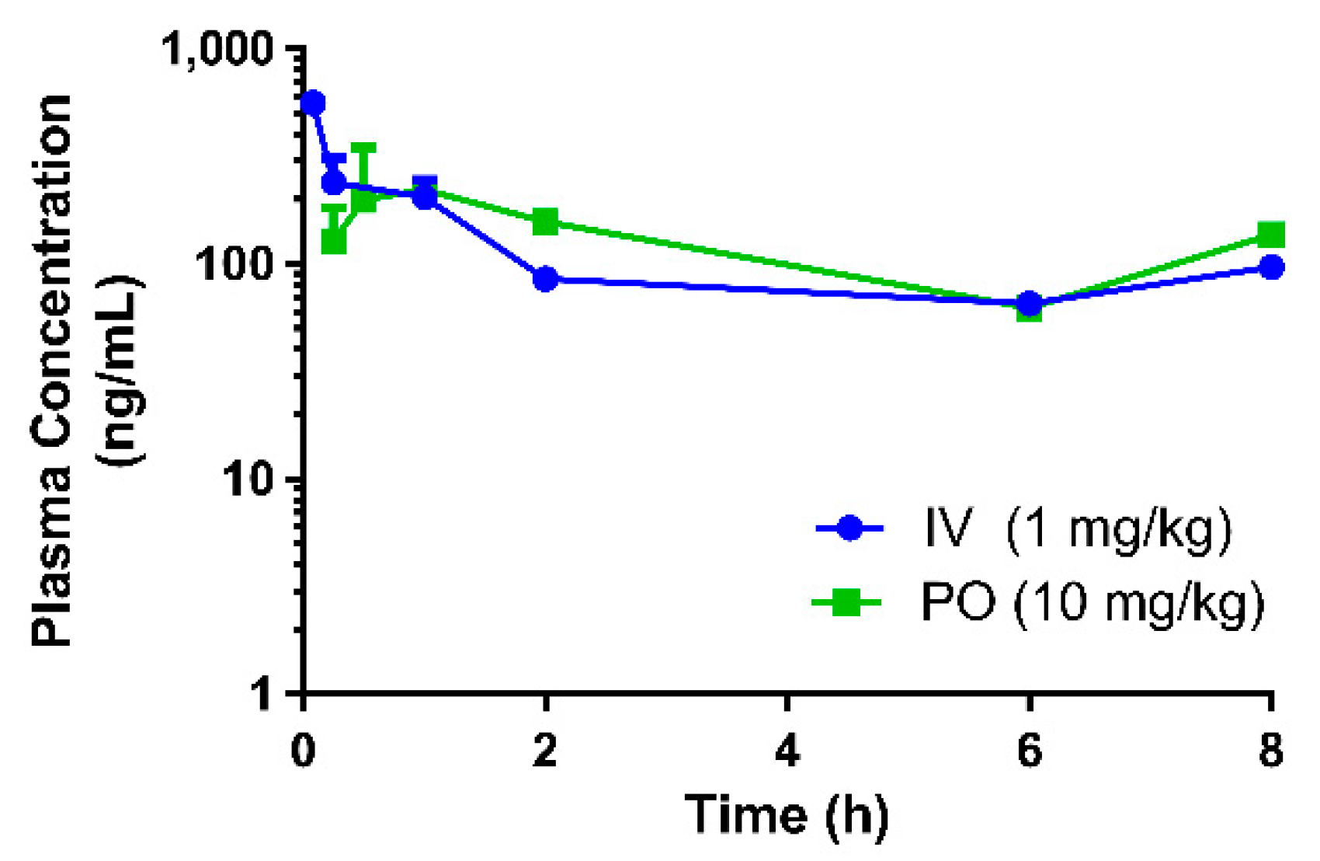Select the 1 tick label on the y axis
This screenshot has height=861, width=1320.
pos(264,694)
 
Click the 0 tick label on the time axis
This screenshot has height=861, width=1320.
pos(303,751)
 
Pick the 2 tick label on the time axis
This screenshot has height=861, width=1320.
pos(545,751)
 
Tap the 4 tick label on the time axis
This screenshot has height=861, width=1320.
pos(787,751)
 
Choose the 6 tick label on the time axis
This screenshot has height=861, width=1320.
pos(1029,751)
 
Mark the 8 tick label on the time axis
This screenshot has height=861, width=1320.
pos(1271,751)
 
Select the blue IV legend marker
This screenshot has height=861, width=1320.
pos(850,529)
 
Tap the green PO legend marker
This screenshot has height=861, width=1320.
pos(846,602)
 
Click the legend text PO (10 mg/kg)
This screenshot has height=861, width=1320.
pos(1092,602)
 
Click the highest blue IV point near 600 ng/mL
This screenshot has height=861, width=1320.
pos(313,103)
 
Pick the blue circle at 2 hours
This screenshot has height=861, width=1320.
pos(545,279)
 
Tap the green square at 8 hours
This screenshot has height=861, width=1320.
pos(1271,235)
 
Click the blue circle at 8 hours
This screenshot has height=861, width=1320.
pos(1271,267)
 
